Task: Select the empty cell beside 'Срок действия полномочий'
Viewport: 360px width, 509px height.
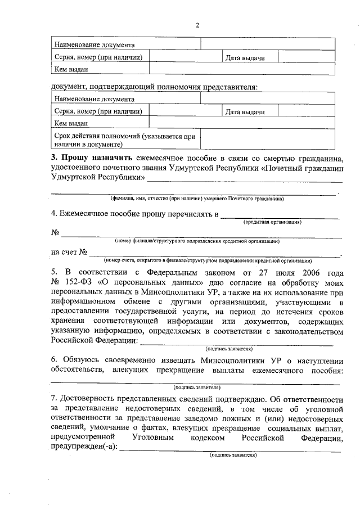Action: tap(272, 139)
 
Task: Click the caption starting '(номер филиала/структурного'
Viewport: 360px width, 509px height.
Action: tap(197, 241)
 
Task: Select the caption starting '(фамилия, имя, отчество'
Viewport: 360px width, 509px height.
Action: tap(197, 199)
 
